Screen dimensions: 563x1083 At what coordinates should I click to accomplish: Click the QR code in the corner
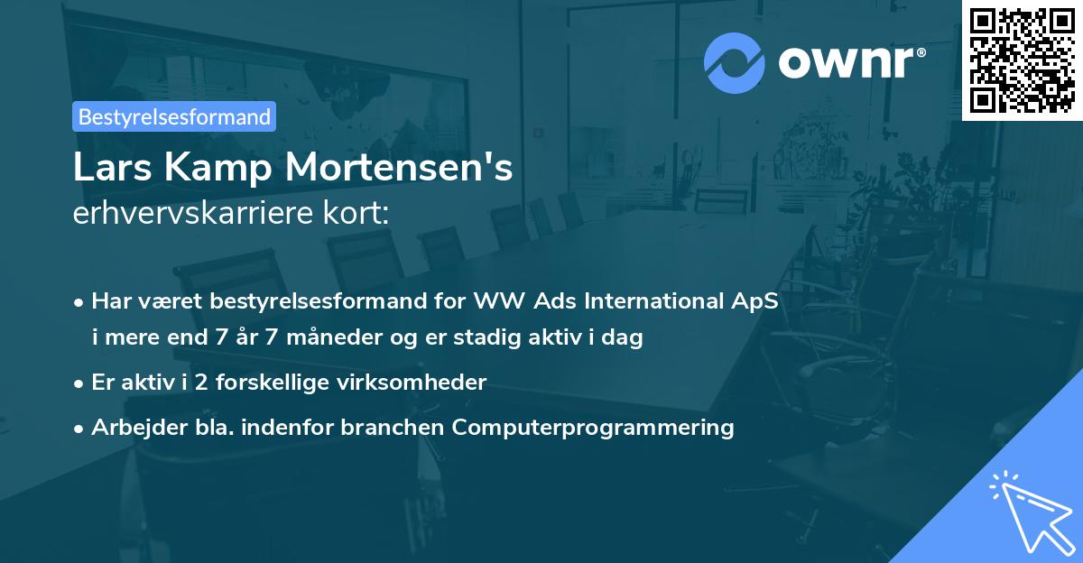tap(1022, 60)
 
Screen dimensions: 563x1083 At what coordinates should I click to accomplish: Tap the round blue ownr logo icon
tap(734, 63)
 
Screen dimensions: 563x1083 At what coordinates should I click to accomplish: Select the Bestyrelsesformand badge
tap(174, 116)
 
